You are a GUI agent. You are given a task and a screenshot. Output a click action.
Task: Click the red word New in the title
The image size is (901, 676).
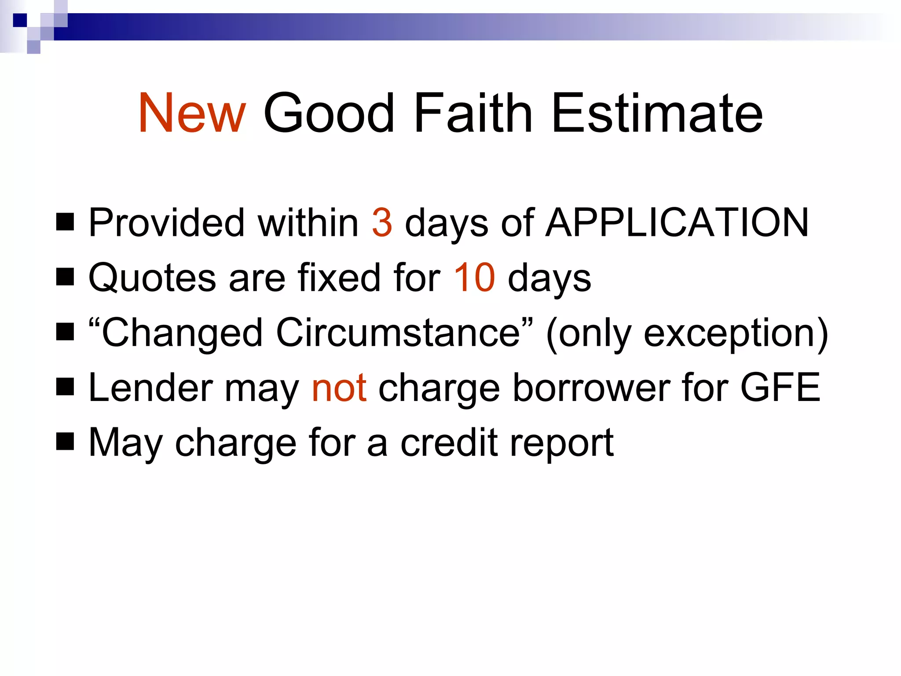(x=192, y=113)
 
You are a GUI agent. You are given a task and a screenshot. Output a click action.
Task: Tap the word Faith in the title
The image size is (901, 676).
(x=473, y=113)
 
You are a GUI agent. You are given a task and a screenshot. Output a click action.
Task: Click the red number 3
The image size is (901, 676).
(x=381, y=223)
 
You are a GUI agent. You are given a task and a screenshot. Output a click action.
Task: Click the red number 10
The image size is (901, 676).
(x=474, y=278)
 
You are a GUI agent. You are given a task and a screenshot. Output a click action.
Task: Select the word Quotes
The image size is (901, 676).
(x=152, y=278)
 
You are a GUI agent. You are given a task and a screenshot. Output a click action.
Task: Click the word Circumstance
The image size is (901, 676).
(x=398, y=333)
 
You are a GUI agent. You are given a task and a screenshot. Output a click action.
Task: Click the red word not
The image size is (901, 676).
(x=339, y=388)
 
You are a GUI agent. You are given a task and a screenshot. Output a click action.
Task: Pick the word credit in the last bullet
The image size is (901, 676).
(x=449, y=443)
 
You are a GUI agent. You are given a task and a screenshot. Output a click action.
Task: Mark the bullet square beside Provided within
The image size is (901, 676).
(x=65, y=222)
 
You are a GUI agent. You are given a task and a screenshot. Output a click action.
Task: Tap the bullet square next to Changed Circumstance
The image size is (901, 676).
(x=65, y=332)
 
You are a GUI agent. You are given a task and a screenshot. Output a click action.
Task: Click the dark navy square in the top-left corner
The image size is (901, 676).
(x=20, y=20)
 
